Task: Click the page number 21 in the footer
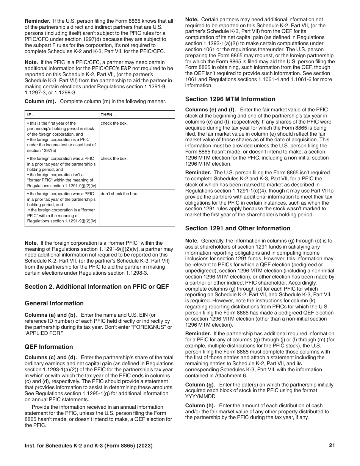[x=332, y=446]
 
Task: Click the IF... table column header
[x=30, y=115]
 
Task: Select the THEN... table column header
[x=108, y=115]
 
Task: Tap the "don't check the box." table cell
[x=119, y=194]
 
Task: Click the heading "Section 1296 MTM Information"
[x=230, y=99]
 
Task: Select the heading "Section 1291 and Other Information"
[x=238, y=228]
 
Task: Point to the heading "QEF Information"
[x=49, y=347]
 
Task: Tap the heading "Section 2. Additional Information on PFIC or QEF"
[x=97, y=286]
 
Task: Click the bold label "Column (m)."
[x=40, y=102]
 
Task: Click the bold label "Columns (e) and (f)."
[x=210, y=110]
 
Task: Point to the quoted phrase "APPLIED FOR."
[x=42, y=333]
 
